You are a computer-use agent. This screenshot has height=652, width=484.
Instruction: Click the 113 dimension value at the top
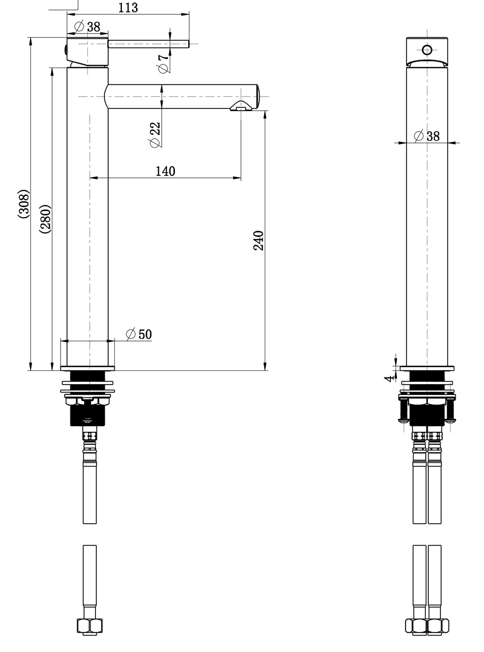128,8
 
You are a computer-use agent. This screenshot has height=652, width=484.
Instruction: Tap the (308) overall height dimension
24,204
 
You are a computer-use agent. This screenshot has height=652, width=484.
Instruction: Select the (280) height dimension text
45,219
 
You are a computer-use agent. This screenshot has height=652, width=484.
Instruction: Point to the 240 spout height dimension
259,240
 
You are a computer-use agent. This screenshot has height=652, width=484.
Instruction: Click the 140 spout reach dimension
165,171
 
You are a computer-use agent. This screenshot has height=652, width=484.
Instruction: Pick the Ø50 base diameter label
139,334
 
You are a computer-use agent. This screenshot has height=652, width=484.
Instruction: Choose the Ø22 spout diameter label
155,135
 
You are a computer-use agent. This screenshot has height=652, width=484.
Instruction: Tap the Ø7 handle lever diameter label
164,63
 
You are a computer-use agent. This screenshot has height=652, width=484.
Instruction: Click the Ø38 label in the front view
427,136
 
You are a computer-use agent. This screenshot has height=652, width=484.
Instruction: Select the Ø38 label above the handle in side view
87,26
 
